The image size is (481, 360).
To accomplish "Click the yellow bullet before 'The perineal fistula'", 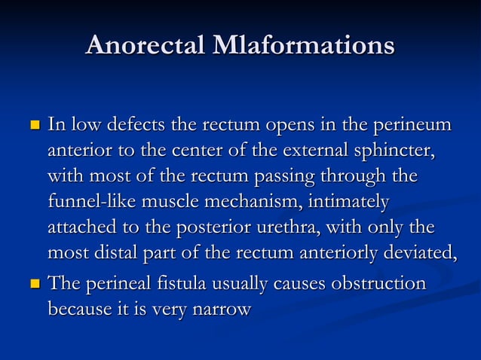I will coord(34,285).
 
